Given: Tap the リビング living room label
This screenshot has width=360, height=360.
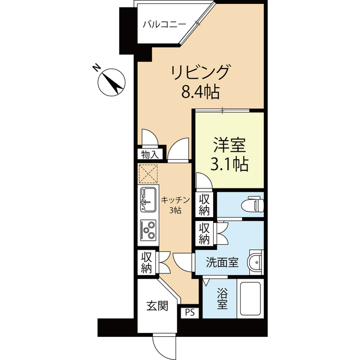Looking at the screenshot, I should tap(201, 72).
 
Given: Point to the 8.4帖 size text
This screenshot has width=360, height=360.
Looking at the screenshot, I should tap(201, 91).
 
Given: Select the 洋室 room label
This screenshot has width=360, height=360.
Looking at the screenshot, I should tap(229, 145).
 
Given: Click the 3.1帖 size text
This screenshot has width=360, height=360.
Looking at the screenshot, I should tap(229, 164).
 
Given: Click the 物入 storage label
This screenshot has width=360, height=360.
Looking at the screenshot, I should tap(150, 154).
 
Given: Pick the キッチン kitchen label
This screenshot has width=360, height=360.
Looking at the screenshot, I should tap(175, 200).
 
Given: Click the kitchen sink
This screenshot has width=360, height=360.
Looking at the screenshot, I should tap(149, 197).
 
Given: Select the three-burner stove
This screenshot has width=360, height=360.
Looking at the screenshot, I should tap(149, 228).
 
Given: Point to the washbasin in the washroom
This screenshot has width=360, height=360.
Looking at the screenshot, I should tap(256, 262).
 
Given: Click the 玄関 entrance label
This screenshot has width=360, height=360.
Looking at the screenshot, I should tap(157, 306).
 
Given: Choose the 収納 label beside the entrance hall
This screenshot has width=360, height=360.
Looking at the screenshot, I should tap(147, 262).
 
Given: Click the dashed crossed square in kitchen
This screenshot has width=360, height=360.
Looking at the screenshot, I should tap(149, 173).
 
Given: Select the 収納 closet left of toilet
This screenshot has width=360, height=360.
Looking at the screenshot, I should tap(204, 205).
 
